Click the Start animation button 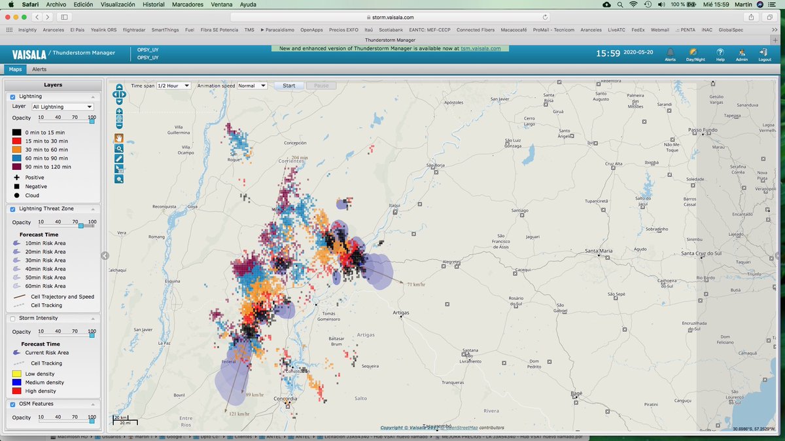coord(289,86)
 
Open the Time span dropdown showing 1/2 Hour coord(173,86)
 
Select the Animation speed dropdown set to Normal coord(252,86)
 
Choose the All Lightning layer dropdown coord(62,106)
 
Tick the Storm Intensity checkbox coord(13,318)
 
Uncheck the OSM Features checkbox coord(13,404)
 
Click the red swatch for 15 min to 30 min coord(16,141)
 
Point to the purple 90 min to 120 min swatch coord(16,167)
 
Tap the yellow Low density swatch coord(16,374)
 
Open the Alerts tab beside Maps coord(39,69)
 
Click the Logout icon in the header coord(764,54)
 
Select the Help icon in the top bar coord(720,54)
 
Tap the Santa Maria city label coord(599,251)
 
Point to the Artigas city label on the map coord(400,313)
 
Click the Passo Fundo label coord(703,131)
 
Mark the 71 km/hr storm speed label coord(416,285)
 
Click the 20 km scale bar coord(121,418)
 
